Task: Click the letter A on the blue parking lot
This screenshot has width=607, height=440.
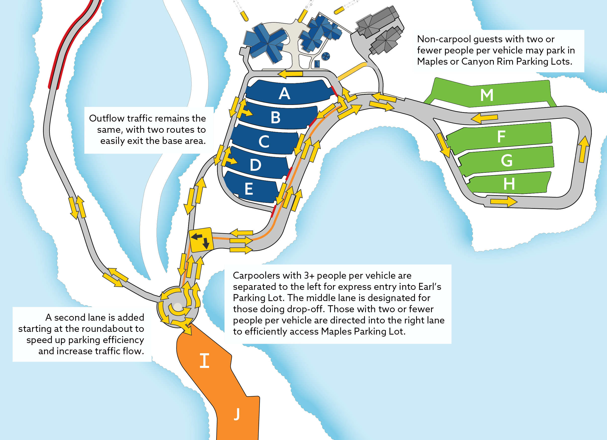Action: tap(284, 93)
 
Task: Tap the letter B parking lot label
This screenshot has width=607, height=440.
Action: tap(276, 118)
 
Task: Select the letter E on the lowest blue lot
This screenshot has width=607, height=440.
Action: tap(249, 189)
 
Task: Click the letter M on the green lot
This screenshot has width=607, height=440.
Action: tap(487, 95)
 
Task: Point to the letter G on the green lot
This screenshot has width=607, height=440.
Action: tap(506, 161)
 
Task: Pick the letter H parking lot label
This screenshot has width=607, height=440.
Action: tap(509, 184)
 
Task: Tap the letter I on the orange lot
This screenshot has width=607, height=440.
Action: tap(205, 361)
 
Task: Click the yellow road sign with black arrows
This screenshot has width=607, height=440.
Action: tap(201, 240)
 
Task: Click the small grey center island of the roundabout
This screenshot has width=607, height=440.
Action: tap(178, 306)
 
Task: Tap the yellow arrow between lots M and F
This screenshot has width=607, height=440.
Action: tap(484, 118)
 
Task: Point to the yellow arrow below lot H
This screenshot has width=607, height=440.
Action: tap(503, 201)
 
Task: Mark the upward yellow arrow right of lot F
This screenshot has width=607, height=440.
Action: tap(583, 149)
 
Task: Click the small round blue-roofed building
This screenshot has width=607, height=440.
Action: tap(326, 56)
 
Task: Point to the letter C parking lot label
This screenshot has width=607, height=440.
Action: tap(264, 141)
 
